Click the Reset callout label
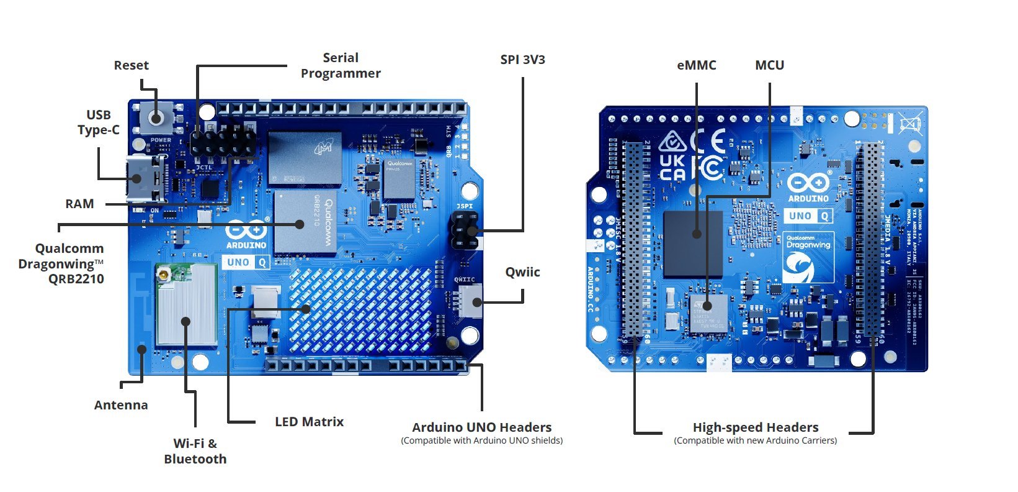[131, 65]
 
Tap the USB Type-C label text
[98, 122]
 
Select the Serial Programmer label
[341, 65]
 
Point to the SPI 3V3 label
[522, 60]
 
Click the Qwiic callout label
[522, 272]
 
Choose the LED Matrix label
[309, 422]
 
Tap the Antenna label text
[121, 405]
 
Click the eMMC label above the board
[696, 65]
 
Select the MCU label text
[769, 65]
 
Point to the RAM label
[79, 204]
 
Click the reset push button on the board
[156, 117]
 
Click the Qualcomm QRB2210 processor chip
[305, 222]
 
